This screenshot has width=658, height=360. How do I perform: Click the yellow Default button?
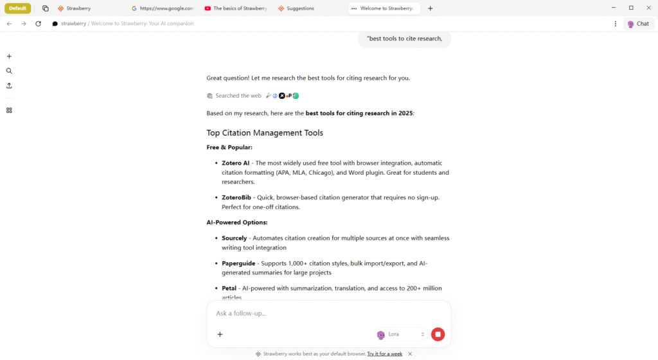tap(18, 8)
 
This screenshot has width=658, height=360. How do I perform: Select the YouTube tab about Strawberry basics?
tap(235, 8)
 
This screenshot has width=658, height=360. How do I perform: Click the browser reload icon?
tap(39, 24)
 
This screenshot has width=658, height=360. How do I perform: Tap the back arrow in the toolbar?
tap(9, 24)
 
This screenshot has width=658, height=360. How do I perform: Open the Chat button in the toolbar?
tap(637, 24)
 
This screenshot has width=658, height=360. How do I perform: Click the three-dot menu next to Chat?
tap(616, 24)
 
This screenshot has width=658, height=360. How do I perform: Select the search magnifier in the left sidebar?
tap(9, 71)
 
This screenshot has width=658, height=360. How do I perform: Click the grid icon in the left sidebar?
tap(9, 110)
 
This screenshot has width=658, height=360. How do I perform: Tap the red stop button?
tap(438, 334)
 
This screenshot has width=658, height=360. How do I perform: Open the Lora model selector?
tap(401, 334)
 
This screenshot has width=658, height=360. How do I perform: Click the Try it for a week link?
tap(384, 354)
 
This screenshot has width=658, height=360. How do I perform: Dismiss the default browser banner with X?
tap(410, 354)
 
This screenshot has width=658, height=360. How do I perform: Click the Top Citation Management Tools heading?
tap(265, 133)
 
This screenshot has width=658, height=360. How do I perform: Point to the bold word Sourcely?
tap(235, 238)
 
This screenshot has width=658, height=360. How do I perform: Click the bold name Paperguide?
tap(238, 263)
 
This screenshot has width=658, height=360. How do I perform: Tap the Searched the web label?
tap(238, 96)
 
